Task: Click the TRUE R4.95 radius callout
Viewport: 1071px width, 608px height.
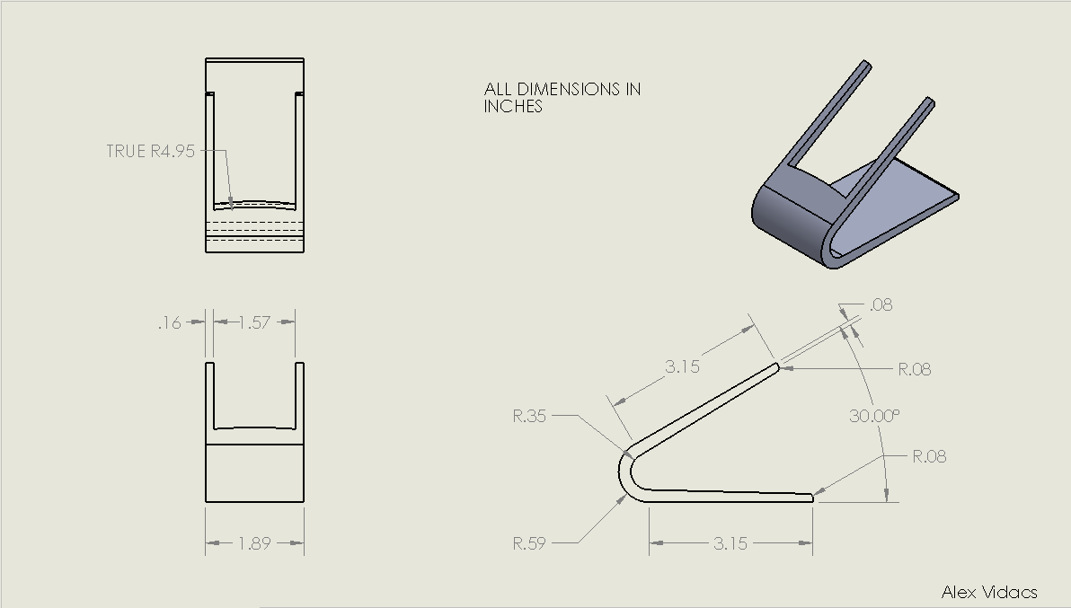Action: pos(151,151)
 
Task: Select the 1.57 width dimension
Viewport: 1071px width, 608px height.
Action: pos(255,322)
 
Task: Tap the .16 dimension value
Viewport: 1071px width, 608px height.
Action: pos(170,322)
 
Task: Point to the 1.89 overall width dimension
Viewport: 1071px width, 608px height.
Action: pos(255,543)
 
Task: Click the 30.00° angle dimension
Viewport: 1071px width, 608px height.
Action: pos(874,416)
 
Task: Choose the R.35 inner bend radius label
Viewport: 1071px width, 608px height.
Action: pos(529,416)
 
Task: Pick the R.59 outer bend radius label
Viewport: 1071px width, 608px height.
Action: pos(529,543)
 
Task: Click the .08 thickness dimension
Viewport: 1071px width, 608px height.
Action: pos(881,305)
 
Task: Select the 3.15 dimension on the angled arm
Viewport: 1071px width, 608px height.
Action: pos(682,366)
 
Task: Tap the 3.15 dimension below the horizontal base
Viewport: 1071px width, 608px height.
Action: pos(730,543)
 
